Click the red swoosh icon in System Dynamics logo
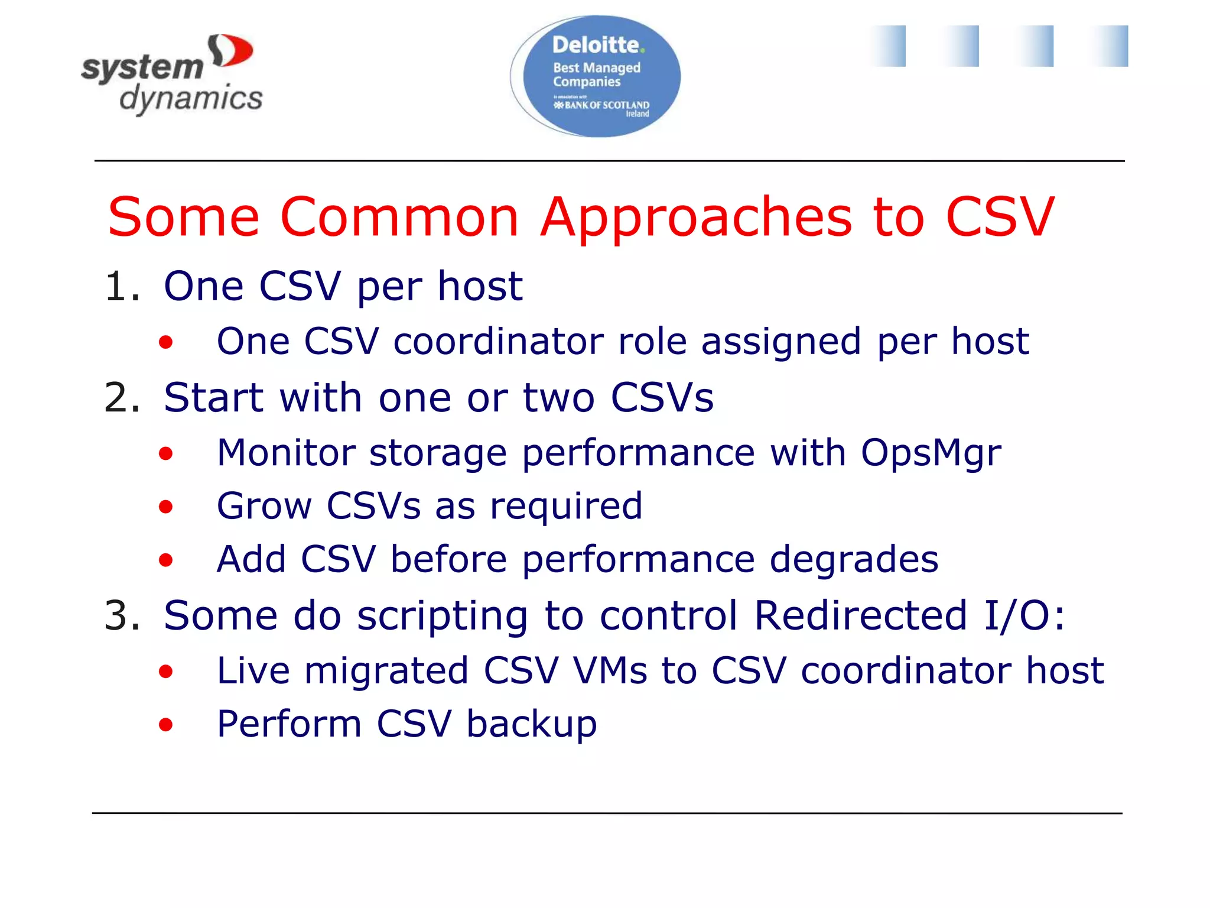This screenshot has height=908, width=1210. pos(232,51)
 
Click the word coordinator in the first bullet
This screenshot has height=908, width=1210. pos(497,342)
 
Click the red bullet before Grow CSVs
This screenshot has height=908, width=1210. pos(166,507)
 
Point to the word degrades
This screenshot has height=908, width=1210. pos(854,559)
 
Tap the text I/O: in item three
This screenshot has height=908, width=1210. pos(1024,615)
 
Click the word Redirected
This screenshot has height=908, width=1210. pos(861,615)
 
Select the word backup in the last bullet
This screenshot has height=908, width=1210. pos(531,724)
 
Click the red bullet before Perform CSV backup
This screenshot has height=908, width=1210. pos(166,724)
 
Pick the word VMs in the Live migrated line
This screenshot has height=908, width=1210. pos(610,671)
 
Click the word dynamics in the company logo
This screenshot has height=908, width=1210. pos(191,98)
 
